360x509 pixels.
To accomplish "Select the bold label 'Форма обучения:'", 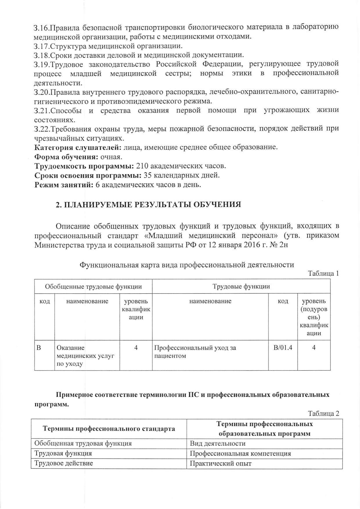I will tap(66, 157).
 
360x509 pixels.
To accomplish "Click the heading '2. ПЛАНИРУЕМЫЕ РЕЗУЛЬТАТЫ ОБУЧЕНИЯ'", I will tap(148, 205).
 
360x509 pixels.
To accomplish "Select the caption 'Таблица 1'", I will tap(323, 273).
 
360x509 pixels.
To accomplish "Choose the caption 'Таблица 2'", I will tap(323, 414).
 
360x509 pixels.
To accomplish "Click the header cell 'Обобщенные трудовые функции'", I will tap(93, 287).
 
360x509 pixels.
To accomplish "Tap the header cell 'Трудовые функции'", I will tap(241, 287).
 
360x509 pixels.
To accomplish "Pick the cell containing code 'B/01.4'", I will tap(283, 348).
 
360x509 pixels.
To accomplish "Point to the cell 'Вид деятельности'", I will tap(218, 444).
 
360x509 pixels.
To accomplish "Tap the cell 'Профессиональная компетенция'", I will tap(240, 454).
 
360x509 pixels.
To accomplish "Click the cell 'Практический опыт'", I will tap(220, 463).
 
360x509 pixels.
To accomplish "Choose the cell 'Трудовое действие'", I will tap(64, 463).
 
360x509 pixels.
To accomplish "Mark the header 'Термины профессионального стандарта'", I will tap(109, 429).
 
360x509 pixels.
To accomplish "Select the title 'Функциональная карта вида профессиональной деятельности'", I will tap(187, 265).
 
